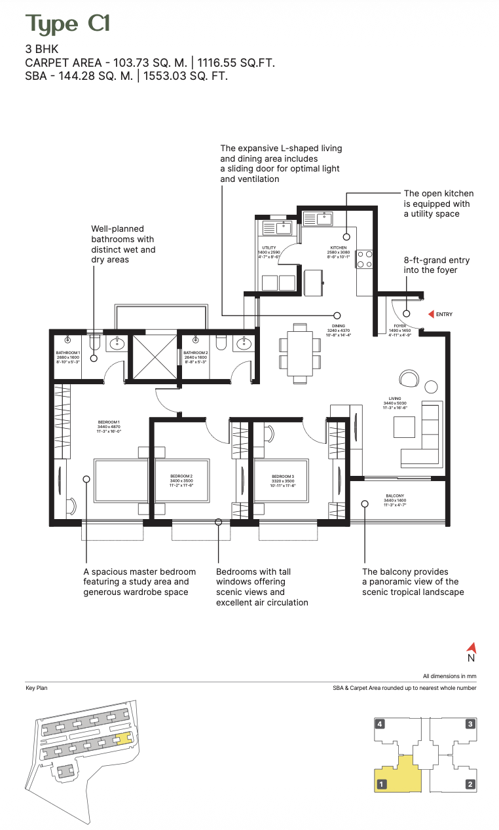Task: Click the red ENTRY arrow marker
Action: (x=430, y=314)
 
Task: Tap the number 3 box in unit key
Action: (x=470, y=724)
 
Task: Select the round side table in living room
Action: (x=431, y=386)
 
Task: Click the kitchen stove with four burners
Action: (x=364, y=259)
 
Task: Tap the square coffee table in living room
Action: (x=404, y=427)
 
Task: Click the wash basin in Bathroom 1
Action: (x=118, y=344)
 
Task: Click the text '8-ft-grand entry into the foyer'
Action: (x=437, y=265)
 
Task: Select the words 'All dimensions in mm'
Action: (x=449, y=676)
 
